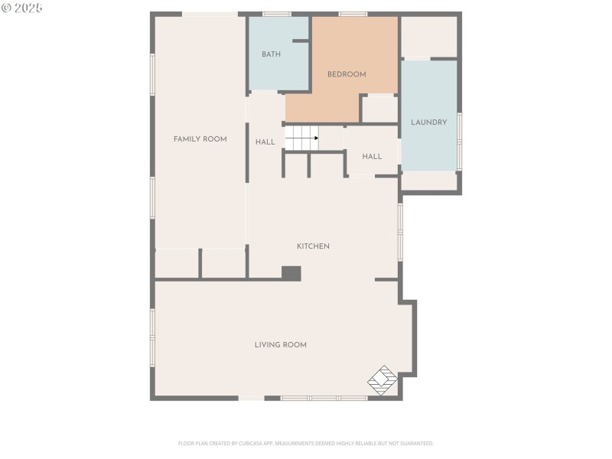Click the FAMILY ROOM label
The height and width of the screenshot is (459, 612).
coord(200,139)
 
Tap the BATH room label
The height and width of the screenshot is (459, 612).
coord(271,54)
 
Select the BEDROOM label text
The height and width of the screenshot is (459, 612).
coord(347,74)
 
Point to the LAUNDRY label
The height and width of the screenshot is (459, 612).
coord(428,122)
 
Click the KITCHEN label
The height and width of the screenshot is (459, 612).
coord(313,246)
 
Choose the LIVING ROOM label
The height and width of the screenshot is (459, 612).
coord(280,345)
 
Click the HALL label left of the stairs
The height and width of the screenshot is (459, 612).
coord(265,142)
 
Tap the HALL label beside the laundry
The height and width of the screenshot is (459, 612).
coord(372,157)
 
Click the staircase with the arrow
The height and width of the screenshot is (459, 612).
coord(301,138)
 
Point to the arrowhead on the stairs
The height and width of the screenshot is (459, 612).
coord(316,138)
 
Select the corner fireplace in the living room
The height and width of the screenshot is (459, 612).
coord(383,379)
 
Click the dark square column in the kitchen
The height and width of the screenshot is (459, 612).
coord(291,273)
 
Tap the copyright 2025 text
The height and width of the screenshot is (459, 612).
coord(22,8)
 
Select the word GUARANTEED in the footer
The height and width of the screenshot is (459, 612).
coord(416,443)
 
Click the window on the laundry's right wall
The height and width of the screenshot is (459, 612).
coord(459,139)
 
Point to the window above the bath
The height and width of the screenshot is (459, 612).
coord(277,14)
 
